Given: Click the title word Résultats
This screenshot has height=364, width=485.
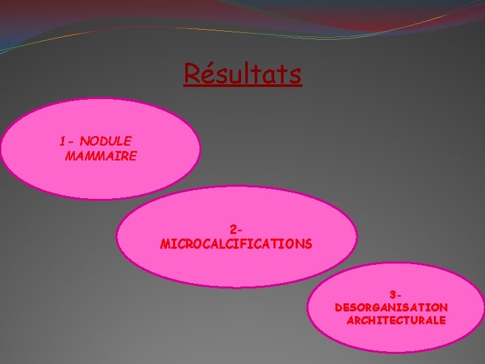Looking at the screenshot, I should pyautogui.click(x=243, y=73).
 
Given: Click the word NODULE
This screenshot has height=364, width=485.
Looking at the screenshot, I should pyautogui.click(x=106, y=141).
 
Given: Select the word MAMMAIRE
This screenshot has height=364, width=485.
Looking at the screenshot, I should pyautogui.click(x=101, y=156).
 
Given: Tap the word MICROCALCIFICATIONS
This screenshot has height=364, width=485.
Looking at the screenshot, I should pyautogui.click(x=236, y=243).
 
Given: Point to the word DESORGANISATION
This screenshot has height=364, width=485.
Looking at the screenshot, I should pyautogui.click(x=391, y=307).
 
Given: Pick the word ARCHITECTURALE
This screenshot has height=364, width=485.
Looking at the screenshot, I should pyautogui.click(x=396, y=320).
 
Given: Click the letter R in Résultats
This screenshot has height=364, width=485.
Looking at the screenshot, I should pyautogui.click(x=191, y=73).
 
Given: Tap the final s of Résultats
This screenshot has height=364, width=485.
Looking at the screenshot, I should pyautogui.click(x=295, y=75).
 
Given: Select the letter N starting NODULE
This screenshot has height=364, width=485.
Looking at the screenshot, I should pyautogui.click(x=84, y=141).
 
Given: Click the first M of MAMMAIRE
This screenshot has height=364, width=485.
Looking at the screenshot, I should pyautogui.click(x=71, y=156).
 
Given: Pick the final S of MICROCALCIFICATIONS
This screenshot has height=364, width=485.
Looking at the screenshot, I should pyautogui.click(x=308, y=243).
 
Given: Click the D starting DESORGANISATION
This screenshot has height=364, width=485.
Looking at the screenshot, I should pyautogui.click(x=339, y=307).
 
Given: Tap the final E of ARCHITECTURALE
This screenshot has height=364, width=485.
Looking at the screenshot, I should pyautogui.click(x=442, y=320).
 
